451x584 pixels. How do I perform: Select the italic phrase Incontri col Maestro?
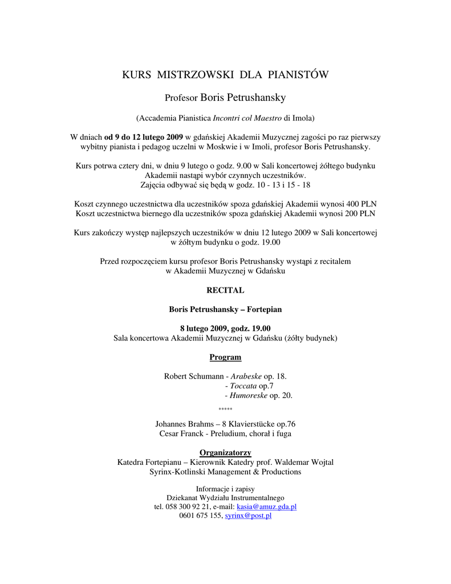point(247,118)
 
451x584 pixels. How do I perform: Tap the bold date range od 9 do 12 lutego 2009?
point(143,137)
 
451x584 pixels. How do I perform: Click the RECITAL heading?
point(225,290)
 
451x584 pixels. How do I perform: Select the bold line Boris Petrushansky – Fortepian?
point(225,309)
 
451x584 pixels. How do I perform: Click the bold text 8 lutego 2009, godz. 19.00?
point(225,328)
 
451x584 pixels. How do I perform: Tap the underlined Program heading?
point(225,357)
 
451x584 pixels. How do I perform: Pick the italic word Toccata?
point(243,386)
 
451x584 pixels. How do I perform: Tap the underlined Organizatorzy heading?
point(225,452)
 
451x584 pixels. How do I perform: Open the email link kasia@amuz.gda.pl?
point(266,506)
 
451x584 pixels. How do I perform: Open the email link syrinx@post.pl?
point(248,516)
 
